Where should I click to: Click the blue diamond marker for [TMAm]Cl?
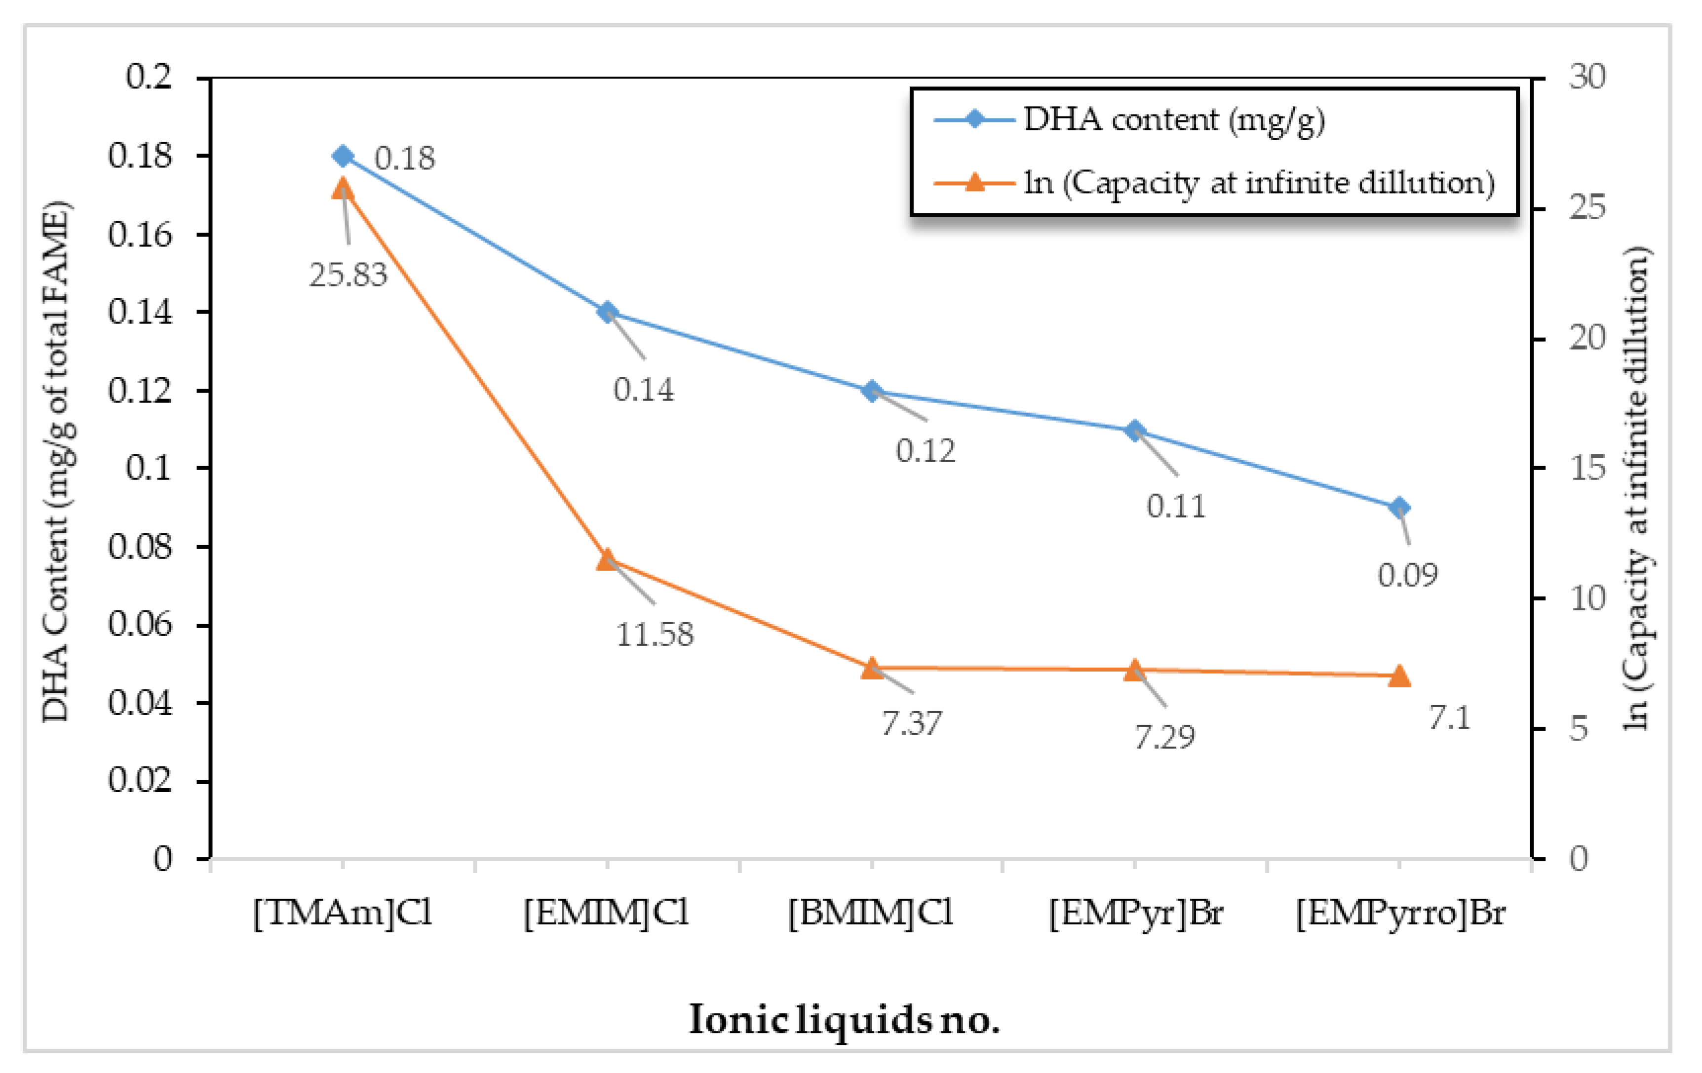343,156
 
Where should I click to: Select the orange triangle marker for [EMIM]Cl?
607,560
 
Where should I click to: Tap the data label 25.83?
348,274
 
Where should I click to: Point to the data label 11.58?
655,634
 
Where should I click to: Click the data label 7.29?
1164,737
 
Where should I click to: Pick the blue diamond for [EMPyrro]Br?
1399,508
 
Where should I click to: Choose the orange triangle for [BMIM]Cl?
872,668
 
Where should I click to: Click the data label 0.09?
1407,575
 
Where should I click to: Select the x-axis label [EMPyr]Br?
1135,913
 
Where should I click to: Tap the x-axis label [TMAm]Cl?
343,913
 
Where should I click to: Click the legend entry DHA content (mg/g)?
1173,119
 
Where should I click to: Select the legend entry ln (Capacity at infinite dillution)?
1259,183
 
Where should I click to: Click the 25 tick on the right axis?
1587,208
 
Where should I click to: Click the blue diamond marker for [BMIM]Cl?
872,391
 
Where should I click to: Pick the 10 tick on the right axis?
1587,598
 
